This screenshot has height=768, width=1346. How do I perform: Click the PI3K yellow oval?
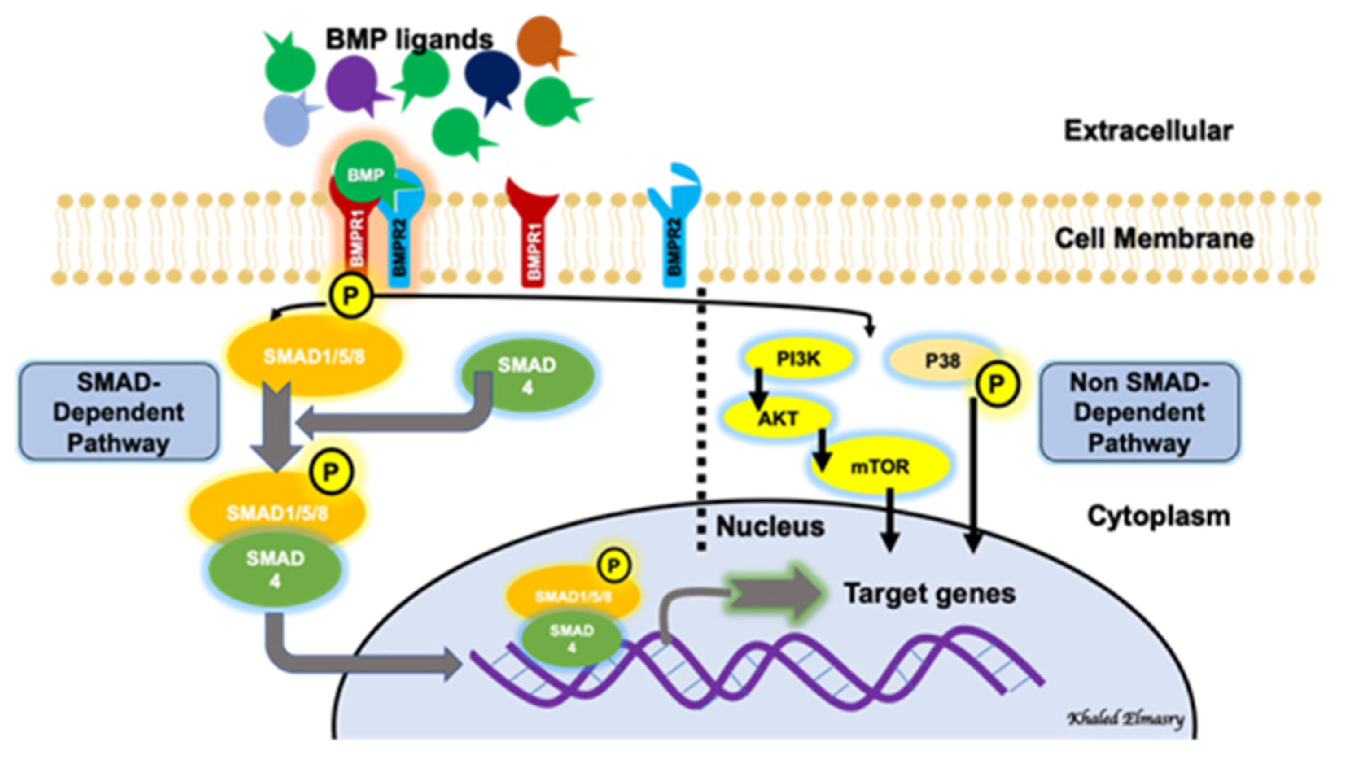(797, 359)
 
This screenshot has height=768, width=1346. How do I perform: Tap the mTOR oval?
(880, 466)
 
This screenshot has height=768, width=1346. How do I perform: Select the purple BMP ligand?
(352, 84)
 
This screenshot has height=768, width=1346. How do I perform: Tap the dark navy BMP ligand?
(492, 76)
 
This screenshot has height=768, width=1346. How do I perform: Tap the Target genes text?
(929, 593)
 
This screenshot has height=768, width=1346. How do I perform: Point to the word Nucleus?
(770, 526)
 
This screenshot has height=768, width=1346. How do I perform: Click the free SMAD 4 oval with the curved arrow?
(527, 375)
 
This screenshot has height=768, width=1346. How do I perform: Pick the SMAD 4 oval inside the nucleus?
(572, 638)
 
